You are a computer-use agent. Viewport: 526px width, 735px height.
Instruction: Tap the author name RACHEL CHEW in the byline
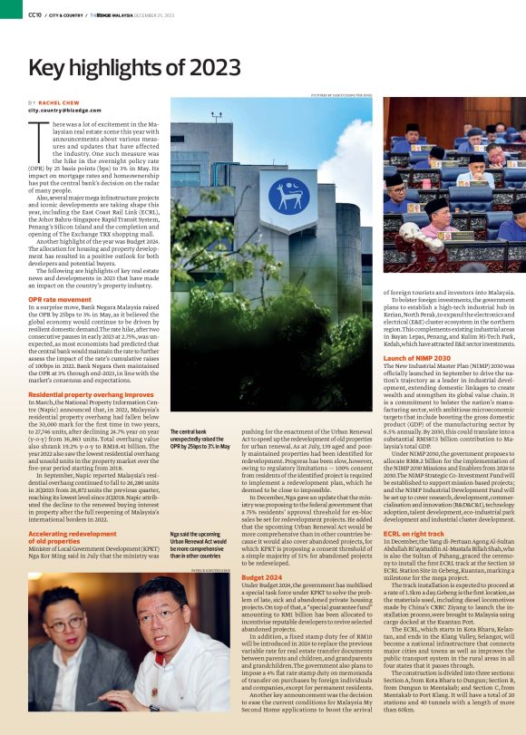click(63, 102)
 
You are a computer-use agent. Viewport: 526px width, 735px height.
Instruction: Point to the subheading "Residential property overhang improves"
click(91, 395)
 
